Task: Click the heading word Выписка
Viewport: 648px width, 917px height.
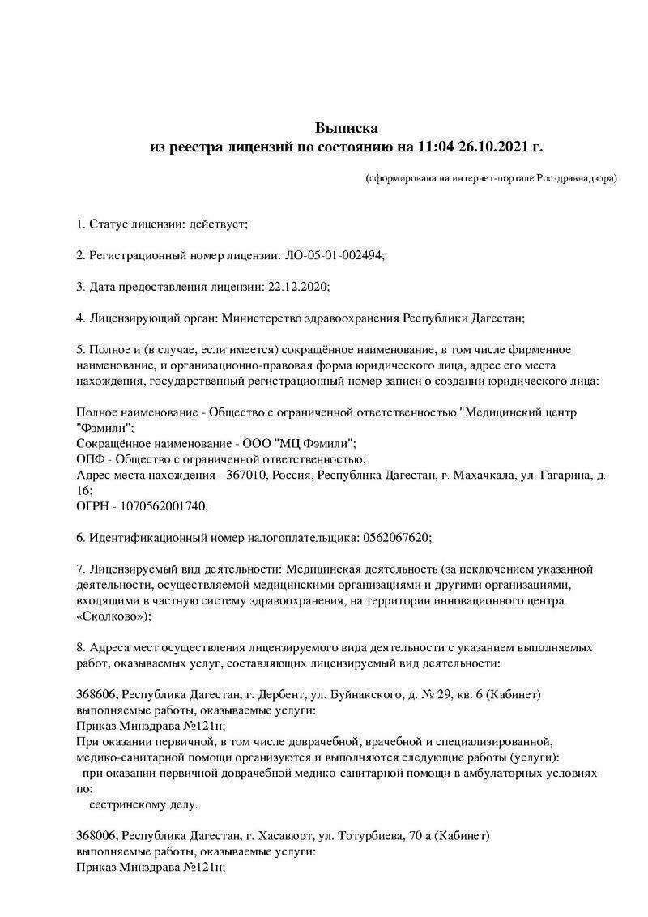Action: point(347,128)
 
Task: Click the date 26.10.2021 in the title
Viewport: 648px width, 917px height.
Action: point(491,147)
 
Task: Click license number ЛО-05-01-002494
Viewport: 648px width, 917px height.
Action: point(335,254)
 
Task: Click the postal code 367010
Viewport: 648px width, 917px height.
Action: point(244,475)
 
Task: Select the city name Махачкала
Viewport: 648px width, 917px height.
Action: point(482,475)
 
